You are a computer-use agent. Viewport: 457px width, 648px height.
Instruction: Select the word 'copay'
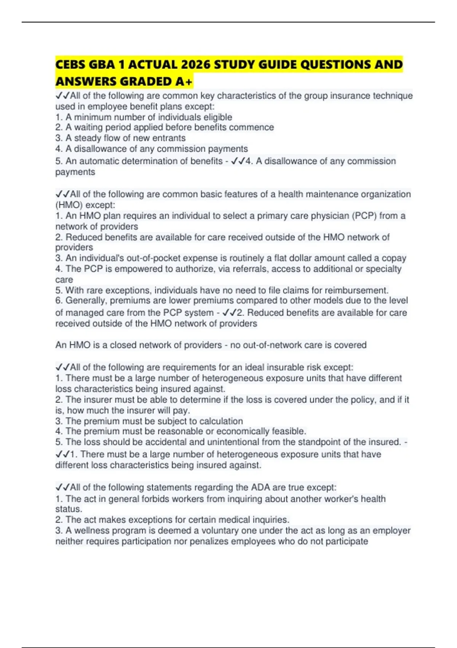(394, 258)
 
